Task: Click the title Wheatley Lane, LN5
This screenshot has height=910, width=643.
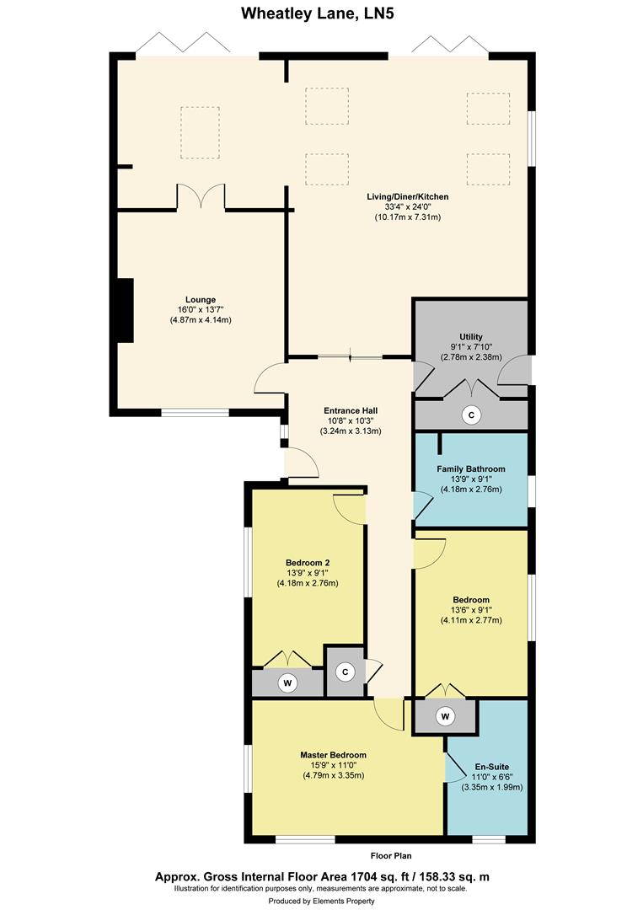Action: click(x=321, y=13)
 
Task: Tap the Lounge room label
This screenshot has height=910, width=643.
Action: click(x=201, y=299)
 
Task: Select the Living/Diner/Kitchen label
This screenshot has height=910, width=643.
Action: click(x=407, y=196)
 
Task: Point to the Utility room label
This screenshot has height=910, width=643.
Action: click(x=470, y=336)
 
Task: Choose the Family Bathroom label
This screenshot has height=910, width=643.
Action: click(x=470, y=468)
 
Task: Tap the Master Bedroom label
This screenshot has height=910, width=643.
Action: click(x=333, y=755)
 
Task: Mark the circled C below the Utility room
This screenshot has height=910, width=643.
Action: click(x=472, y=415)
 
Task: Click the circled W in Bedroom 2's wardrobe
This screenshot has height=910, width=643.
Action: click(x=287, y=682)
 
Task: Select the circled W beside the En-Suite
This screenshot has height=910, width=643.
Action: click(x=444, y=717)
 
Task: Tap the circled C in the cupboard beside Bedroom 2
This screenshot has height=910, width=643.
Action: click(x=344, y=672)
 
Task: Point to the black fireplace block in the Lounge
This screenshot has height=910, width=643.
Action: click(x=125, y=310)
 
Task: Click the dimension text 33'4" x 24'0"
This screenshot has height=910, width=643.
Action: click(x=407, y=207)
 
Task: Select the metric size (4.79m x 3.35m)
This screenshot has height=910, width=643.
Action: click(x=333, y=776)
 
